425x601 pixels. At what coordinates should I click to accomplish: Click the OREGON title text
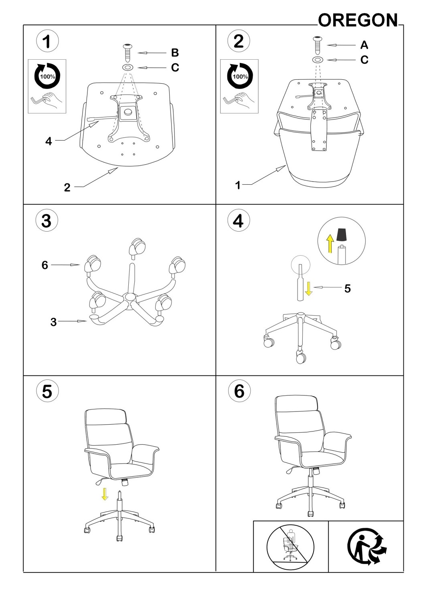[x=358, y=20]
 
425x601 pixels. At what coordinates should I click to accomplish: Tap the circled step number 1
[x=47, y=41]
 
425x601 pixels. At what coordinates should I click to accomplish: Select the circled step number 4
[x=239, y=221]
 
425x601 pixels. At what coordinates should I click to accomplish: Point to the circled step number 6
[x=239, y=391]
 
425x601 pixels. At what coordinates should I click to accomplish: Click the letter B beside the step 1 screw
[x=175, y=53]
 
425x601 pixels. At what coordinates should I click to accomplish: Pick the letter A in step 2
[x=364, y=45]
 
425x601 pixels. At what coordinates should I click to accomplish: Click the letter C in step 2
[x=364, y=60]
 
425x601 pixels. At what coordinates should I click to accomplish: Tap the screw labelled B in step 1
[x=128, y=52]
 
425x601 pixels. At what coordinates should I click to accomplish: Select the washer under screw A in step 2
[x=318, y=60]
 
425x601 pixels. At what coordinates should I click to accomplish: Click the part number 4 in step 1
[x=49, y=141]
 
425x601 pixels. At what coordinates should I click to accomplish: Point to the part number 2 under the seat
[x=67, y=187]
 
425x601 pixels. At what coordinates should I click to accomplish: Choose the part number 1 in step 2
[x=238, y=185]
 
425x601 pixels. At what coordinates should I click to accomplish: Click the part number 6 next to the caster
[x=45, y=265]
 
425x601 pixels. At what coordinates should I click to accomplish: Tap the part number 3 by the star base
[x=54, y=322]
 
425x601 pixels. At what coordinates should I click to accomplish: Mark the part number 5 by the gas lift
[x=347, y=289]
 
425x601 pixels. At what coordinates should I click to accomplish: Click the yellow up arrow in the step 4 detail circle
[x=330, y=243]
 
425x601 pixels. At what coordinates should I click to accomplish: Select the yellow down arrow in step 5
[x=105, y=494]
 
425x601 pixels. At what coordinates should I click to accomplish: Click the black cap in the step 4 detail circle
[x=341, y=234]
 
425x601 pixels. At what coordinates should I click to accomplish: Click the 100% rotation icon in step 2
[x=240, y=76]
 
